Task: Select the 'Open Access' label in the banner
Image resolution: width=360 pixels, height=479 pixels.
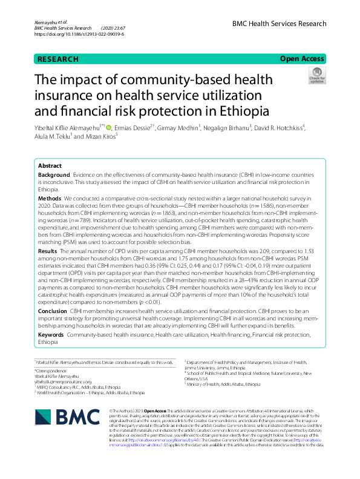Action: pyautogui.click(x=302, y=59)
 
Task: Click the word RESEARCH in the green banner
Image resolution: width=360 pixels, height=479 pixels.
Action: pyautogui.click(x=58, y=59)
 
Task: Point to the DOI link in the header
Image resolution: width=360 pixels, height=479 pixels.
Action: pyautogui.click(x=79, y=35)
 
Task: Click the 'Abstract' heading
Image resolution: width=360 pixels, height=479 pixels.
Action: pyautogui.click(x=50, y=165)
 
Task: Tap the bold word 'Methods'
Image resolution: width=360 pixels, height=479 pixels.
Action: pyautogui.click(x=50, y=198)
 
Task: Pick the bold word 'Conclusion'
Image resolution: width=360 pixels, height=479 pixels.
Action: pyautogui.click(x=53, y=311)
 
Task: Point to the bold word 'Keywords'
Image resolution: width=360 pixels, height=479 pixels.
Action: pyautogui.click(x=51, y=334)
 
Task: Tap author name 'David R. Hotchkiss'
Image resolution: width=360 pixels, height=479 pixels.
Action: pyautogui.click(x=272, y=128)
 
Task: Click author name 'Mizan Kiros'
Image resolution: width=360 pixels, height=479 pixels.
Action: pyautogui.click(x=100, y=137)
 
